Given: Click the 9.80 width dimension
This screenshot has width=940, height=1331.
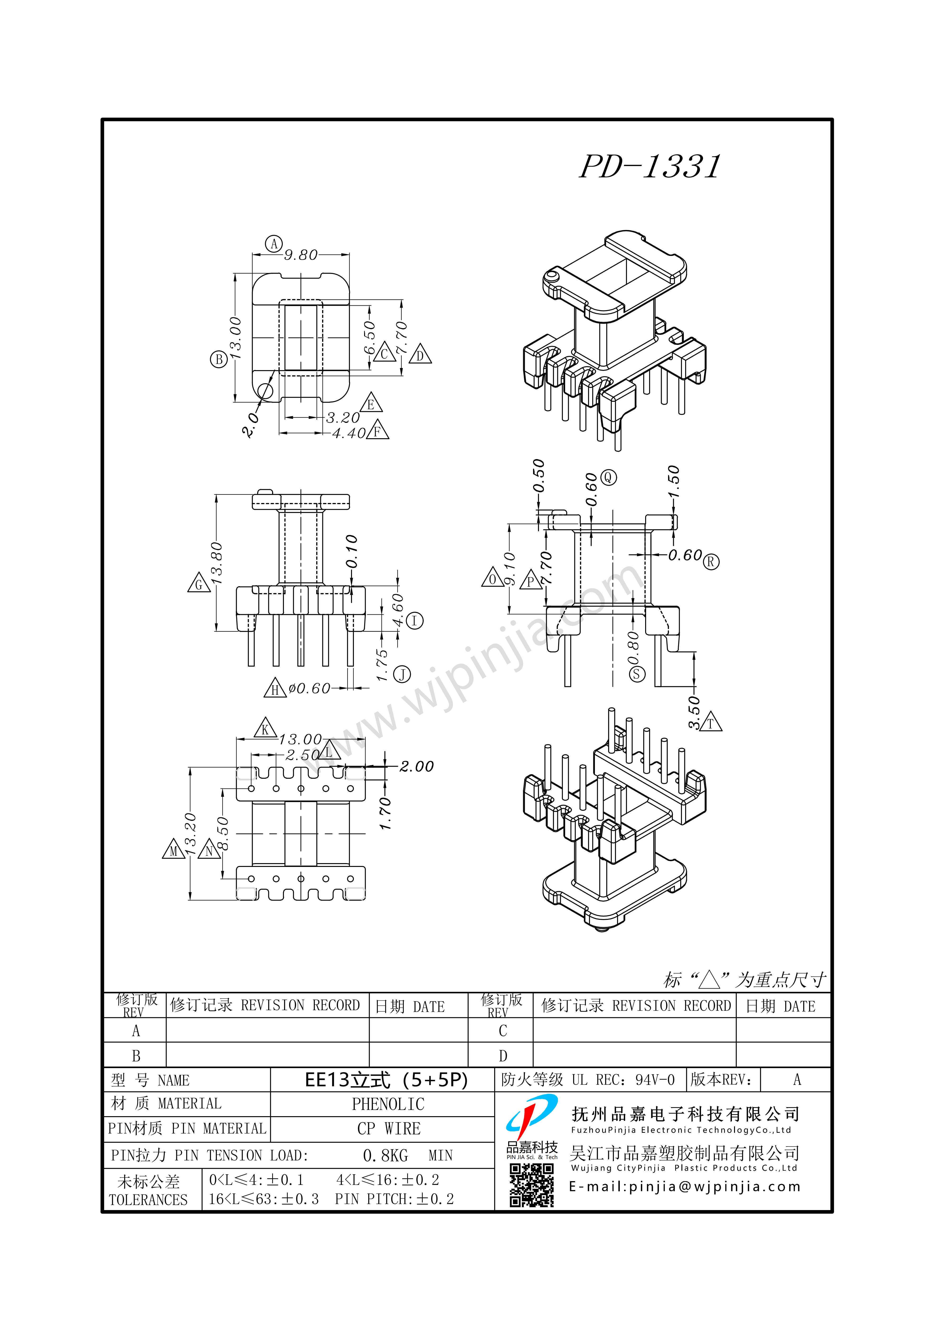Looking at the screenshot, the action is click(301, 255).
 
